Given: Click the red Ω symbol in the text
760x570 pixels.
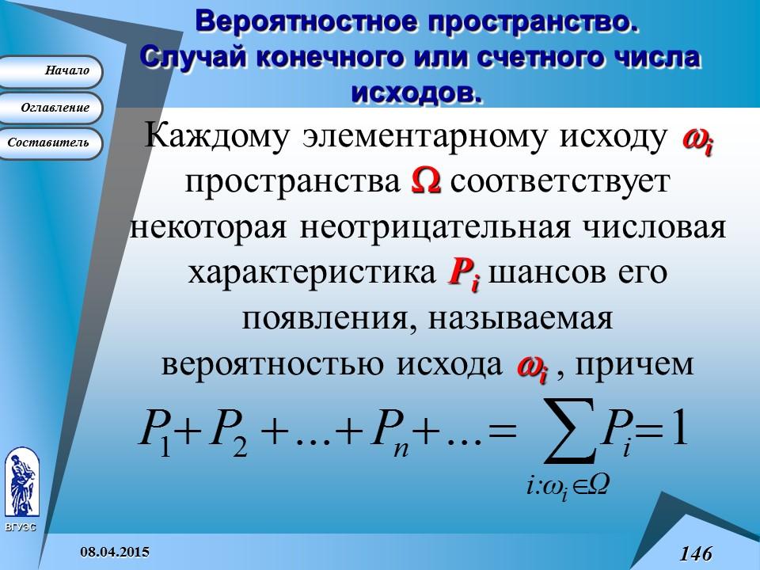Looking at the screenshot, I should pyautogui.click(x=426, y=181).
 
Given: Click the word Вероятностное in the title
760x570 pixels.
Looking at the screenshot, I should pyautogui.click(x=304, y=21).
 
